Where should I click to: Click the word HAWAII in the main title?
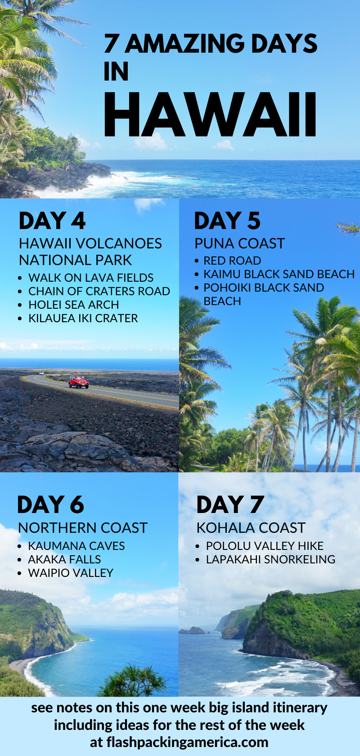[x=210, y=114]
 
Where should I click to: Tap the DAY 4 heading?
[x=52, y=220]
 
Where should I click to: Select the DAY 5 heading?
[x=227, y=220]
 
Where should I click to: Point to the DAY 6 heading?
[x=50, y=504]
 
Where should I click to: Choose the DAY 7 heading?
[x=230, y=504]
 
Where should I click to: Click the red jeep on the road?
[x=79, y=381]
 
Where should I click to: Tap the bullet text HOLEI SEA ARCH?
[x=73, y=305]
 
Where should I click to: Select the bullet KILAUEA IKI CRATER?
[x=83, y=318]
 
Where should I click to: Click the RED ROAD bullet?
[x=232, y=261]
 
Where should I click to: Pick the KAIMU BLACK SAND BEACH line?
[x=279, y=274]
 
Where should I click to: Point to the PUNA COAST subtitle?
[x=239, y=244]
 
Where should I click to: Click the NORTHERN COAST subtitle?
[x=83, y=528]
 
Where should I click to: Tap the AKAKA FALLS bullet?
[x=64, y=559]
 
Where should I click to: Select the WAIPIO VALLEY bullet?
[x=71, y=573]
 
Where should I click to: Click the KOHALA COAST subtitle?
[x=251, y=528]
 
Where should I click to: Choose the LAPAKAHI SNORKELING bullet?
[x=270, y=559]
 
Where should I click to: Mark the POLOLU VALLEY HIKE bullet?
[x=265, y=546]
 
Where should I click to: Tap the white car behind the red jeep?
[x=41, y=373]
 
